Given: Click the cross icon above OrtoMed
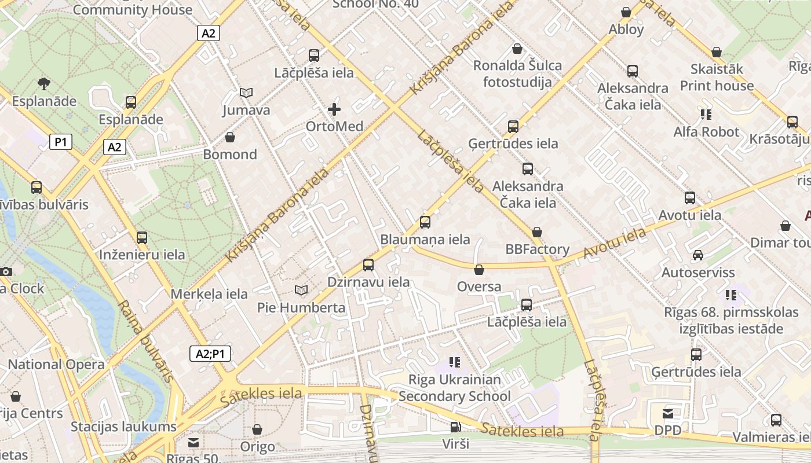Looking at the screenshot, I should [x=334, y=109].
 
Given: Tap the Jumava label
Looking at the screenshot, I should [x=246, y=110].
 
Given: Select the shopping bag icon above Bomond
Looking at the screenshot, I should [x=230, y=137].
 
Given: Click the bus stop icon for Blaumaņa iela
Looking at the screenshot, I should [x=425, y=222].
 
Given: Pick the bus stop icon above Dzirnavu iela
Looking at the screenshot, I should [x=368, y=265].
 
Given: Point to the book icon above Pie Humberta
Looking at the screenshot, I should [x=301, y=290].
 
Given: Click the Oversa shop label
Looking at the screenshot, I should [x=479, y=286].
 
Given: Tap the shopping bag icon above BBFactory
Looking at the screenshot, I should [x=537, y=232].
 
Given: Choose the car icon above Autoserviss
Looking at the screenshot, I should [x=698, y=255].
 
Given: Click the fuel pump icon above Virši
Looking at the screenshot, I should [x=456, y=427].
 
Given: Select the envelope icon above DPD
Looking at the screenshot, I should [x=668, y=413].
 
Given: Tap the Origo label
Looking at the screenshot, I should [x=258, y=447].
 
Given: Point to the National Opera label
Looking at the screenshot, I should [x=56, y=365].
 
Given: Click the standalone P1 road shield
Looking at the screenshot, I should [x=61, y=142].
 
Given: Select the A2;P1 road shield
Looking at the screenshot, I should [x=210, y=354].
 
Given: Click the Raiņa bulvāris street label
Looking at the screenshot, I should [x=145, y=341].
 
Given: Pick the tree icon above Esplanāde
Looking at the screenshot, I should [x=43, y=84].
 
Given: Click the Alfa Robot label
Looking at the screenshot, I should [x=706, y=132].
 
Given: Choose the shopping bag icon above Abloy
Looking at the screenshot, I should [x=626, y=12].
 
